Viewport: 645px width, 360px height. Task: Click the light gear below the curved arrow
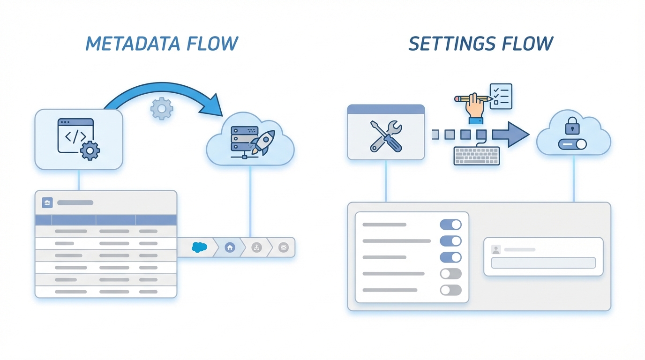tap(162, 109)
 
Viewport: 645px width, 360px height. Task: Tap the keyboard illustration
tap(476, 156)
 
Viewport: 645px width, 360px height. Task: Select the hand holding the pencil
tap(474, 107)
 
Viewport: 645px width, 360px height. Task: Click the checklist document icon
tap(501, 96)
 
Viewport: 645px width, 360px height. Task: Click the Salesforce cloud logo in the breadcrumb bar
tap(199, 247)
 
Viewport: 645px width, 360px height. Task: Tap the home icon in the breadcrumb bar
tap(230, 247)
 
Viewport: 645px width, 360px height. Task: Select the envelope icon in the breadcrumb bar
tap(283, 247)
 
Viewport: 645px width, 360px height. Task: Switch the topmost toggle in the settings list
tap(450, 225)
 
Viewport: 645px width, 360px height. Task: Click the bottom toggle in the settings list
tap(450, 290)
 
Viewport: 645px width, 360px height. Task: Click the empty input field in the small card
tap(543, 262)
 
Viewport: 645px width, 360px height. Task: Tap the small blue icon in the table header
tap(47, 202)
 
